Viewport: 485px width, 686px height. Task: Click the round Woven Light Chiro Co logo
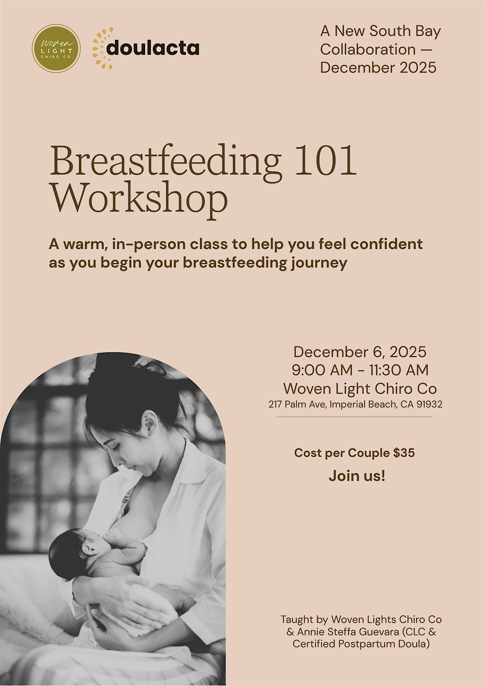56,49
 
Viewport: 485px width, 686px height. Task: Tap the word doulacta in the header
153,49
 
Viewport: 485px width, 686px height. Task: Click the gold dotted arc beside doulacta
98,48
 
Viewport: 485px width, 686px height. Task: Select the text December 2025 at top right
378,67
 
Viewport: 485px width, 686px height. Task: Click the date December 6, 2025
360,352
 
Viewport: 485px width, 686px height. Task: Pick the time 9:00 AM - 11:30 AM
360,370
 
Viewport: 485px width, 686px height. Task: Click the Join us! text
357,476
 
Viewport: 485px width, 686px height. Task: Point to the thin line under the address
354,417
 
